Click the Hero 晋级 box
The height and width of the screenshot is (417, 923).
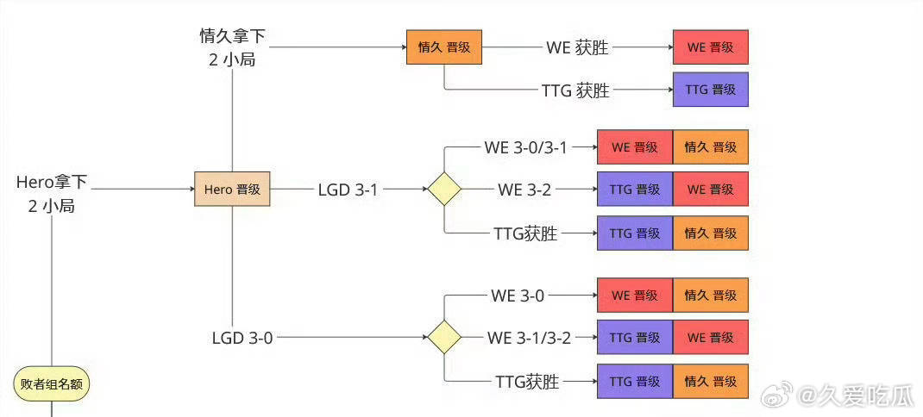point(232,189)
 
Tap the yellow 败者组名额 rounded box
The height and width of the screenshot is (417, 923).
point(53,383)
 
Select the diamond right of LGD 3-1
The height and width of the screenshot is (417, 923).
point(444,189)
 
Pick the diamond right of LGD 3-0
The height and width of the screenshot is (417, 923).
point(444,337)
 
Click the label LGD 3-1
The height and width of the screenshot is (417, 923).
point(348,190)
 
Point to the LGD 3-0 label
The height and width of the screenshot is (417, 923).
point(242,338)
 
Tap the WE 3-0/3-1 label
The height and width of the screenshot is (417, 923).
point(526,147)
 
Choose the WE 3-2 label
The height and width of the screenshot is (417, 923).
point(524,190)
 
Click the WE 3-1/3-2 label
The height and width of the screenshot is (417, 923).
point(529,338)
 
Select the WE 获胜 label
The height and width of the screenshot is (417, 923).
point(577,48)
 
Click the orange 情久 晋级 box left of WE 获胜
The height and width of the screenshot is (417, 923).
point(443,47)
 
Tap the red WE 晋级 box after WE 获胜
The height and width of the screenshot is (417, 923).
point(710,47)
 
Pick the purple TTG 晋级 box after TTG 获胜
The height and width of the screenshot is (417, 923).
point(710,90)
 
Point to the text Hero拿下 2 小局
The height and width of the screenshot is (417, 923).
point(52,194)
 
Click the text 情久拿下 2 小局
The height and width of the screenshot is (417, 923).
point(232,48)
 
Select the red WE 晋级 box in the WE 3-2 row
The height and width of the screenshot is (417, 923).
point(710,189)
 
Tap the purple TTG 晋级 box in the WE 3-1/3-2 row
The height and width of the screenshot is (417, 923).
point(635,337)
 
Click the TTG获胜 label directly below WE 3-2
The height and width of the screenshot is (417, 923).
point(526,233)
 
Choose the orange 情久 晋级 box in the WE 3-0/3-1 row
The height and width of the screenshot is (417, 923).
point(710,147)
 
